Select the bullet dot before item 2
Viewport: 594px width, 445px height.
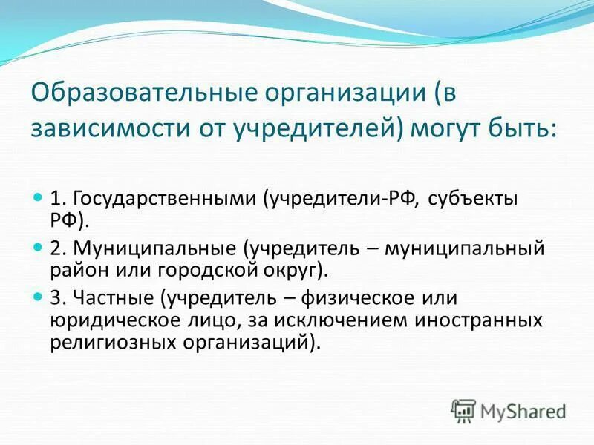point(39,245)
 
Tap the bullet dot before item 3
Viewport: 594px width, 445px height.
point(39,297)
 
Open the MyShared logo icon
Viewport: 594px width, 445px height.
point(463,410)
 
